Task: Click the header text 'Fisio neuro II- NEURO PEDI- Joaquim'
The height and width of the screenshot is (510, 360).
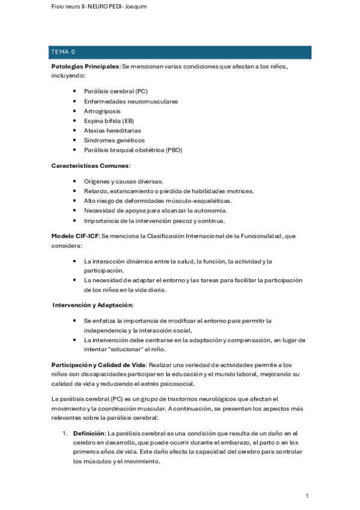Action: [x=99, y=7]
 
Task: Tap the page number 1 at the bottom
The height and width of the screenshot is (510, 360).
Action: [x=307, y=496]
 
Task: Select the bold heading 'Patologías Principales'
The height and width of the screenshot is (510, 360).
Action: [x=85, y=66]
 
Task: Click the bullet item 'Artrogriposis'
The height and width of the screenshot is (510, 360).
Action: [x=102, y=111]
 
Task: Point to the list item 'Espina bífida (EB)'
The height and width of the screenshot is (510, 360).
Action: [x=109, y=121]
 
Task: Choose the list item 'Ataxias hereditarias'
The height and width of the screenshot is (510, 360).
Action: [x=112, y=131]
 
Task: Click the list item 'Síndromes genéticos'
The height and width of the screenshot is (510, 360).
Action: [x=114, y=140]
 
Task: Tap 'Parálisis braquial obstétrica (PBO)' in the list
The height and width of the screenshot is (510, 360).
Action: [x=133, y=150]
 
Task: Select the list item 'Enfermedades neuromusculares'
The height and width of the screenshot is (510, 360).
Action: [x=131, y=102]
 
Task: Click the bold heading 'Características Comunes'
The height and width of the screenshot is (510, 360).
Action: [x=90, y=165]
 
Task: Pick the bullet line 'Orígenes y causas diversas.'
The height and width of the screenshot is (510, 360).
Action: [x=123, y=181]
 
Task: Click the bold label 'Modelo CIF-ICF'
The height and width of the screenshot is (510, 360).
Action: [x=75, y=236]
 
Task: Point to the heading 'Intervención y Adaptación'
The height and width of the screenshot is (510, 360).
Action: [x=93, y=305]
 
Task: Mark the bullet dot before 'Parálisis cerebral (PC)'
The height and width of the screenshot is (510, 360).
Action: [x=74, y=91]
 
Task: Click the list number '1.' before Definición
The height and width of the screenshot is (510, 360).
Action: [x=66, y=433]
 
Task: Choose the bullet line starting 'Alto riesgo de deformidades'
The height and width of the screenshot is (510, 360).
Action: [x=158, y=200]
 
